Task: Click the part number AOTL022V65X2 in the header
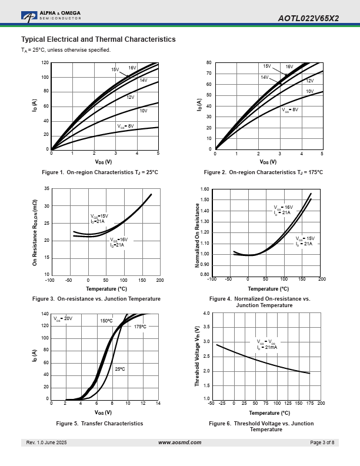pyautogui.click(x=308, y=18)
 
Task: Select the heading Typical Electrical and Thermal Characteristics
pyautogui.click(x=98, y=39)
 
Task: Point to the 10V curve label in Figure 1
pyautogui.click(x=143, y=111)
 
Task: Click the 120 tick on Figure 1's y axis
pyautogui.click(x=45, y=63)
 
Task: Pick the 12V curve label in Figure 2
pyautogui.click(x=309, y=81)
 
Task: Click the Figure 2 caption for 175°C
pyautogui.click(x=263, y=172)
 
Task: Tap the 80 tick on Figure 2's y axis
pyautogui.click(x=209, y=63)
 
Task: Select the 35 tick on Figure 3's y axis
pyautogui.click(x=46, y=189)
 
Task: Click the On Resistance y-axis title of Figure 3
pyautogui.click(x=35, y=231)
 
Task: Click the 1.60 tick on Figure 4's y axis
pyautogui.click(x=205, y=189)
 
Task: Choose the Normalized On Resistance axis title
pyautogui.click(x=198, y=232)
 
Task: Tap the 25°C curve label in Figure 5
pyautogui.click(x=119, y=369)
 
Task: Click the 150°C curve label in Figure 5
pyautogui.click(x=106, y=321)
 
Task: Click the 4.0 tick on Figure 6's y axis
pyautogui.click(x=206, y=314)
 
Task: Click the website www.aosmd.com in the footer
pyautogui.click(x=180, y=442)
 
